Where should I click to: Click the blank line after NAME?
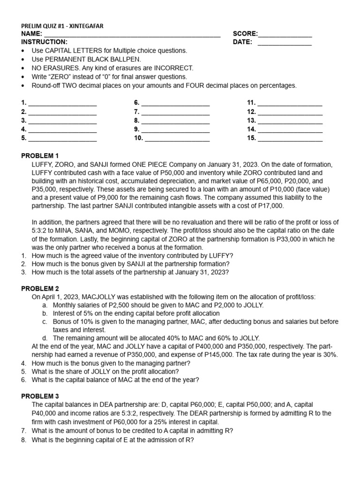click(x=132, y=34)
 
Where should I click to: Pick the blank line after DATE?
click(x=285, y=43)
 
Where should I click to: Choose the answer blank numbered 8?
click(x=175, y=121)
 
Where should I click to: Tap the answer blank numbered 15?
click(x=290, y=139)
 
